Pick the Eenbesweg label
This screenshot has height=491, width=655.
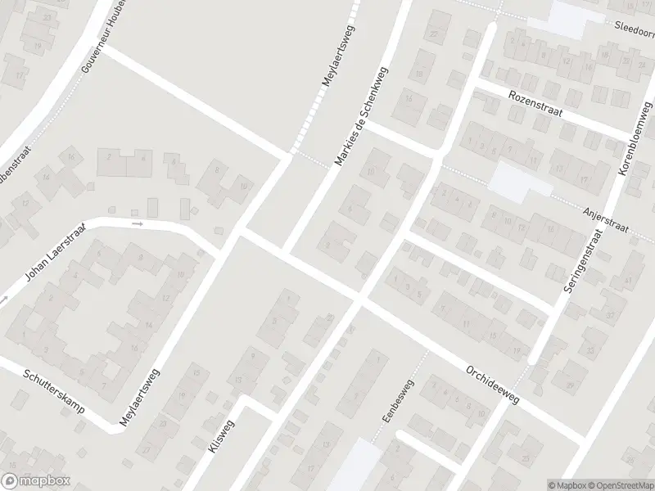[x=399, y=401]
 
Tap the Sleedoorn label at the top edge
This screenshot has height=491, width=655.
[x=635, y=25]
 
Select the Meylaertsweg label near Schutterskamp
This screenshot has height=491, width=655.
[x=139, y=399]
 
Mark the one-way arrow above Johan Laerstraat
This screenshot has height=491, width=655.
[x=138, y=223]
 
